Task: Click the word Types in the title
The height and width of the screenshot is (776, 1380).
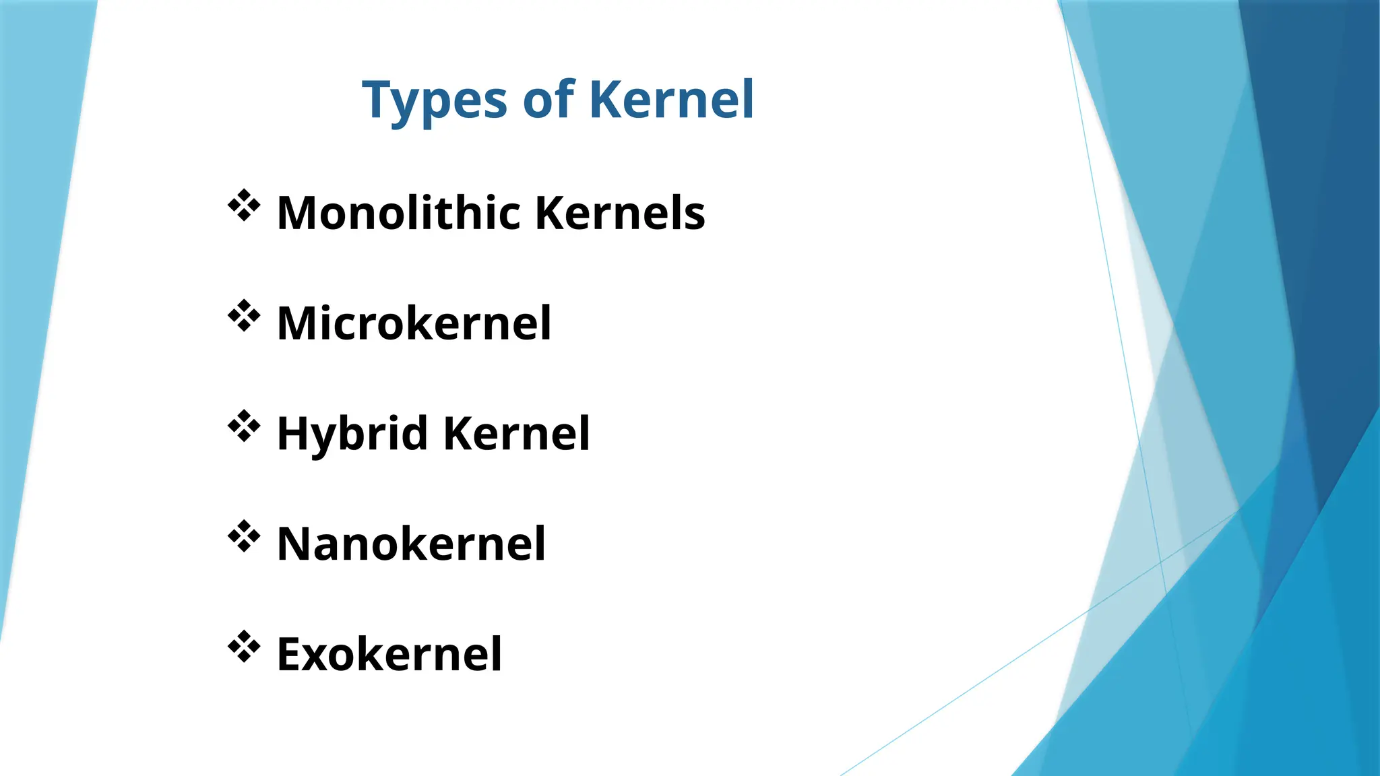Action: click(434, 101)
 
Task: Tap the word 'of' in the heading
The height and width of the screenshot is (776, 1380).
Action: click(548, 100)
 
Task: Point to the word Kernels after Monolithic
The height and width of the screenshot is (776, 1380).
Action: click(620, 213)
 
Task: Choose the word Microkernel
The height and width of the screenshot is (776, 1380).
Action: click(414, 323)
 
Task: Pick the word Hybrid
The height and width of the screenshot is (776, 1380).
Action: click(352, 434)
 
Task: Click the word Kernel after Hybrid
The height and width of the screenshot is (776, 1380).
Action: click(517, 433)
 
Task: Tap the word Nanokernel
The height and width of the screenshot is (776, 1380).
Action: click(411, 544)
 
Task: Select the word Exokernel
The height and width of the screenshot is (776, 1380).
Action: click(389, 654)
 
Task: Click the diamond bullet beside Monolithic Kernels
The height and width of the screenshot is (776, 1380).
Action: click(244, 205)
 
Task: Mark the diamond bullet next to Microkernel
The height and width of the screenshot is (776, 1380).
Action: click(244, 316)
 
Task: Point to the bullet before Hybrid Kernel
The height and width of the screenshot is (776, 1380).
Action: click(244, 426)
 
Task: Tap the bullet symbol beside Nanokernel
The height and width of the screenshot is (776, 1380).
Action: click(244, 537)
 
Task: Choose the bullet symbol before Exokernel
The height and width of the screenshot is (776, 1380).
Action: click(244, 647)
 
